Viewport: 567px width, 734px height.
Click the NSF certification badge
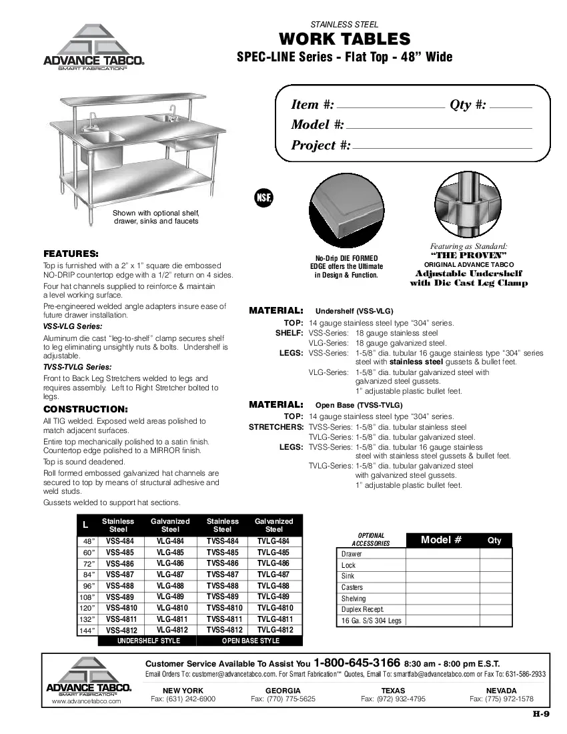coord(263,198)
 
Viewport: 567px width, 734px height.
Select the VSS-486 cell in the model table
coord(120,564)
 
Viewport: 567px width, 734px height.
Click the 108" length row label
coord(87,597)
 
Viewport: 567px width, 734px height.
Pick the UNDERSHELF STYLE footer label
coord(149,641)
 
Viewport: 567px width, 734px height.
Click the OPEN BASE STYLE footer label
coord(250,641)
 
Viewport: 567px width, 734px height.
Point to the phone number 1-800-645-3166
coord(357,663)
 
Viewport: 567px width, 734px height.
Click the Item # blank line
coord(390,107)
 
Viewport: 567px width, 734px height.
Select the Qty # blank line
coord(511,107)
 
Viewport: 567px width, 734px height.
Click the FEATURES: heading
coord(71,254)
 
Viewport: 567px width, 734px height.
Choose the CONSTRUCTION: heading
coord(85,408)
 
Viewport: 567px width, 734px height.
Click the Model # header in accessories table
coord(441,540)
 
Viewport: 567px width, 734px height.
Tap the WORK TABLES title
coord(344,39)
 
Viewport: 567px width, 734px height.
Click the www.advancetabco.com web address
coord(86,701)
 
